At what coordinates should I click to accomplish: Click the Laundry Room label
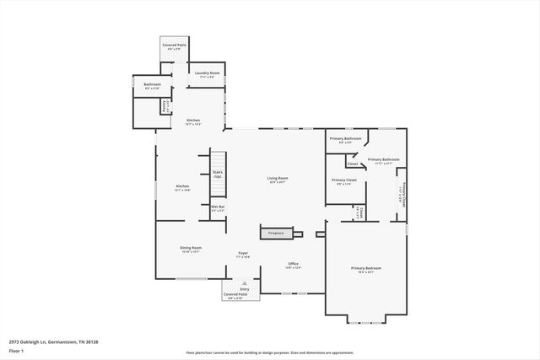point(203,74)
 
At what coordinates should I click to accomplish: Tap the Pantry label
point(165,107)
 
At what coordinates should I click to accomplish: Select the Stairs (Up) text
point(218,174)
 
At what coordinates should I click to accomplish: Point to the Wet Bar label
point(218,207)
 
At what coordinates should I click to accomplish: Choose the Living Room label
point(278,179)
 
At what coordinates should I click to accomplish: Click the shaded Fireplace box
point(276,233)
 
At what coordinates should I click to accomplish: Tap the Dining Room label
point(190,249)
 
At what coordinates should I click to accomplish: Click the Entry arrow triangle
point(244,283)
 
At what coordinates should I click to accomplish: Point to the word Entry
point(244,288)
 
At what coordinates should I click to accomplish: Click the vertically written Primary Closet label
point(404,196)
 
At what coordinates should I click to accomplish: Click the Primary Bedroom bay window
point(366,320)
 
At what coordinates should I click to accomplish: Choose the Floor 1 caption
point(18,349)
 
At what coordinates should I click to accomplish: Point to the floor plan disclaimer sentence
point(269,352)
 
